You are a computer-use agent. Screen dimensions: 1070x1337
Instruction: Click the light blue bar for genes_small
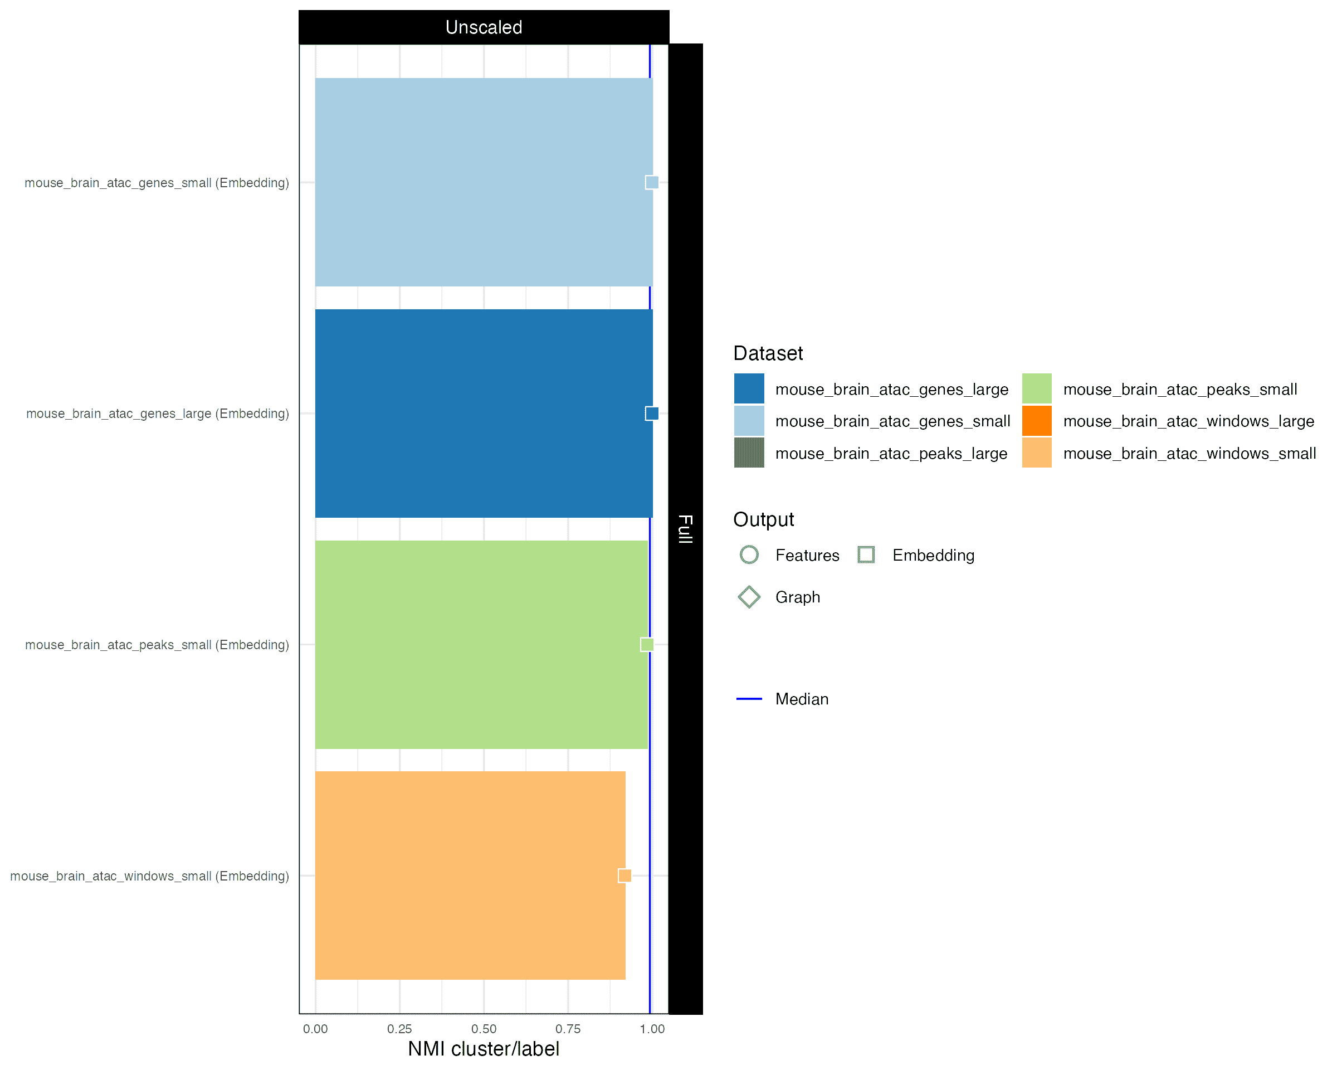point(484,182)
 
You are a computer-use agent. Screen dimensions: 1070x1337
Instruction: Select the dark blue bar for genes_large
point(484,413)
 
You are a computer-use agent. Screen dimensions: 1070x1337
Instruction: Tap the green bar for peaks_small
point(481,644)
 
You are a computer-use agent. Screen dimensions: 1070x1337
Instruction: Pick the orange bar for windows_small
point(470,876)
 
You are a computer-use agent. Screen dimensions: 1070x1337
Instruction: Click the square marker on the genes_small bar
point(652,182)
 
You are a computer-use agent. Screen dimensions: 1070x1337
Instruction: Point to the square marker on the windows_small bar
point(624,876)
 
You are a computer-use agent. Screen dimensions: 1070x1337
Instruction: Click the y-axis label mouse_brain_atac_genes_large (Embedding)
point(158,414)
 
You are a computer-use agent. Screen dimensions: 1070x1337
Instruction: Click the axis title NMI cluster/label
point(484,1049)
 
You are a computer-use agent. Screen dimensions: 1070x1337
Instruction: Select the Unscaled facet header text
point(484,27)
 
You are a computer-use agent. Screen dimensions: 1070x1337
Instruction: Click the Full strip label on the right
point(685,528)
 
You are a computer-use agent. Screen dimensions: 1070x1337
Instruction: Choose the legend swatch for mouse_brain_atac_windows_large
point(1036,421)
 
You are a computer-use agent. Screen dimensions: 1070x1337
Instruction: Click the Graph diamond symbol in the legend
point(749,597)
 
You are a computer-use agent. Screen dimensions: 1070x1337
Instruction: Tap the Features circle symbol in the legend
point(749,555)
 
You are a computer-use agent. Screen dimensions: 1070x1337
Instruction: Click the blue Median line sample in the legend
point(749,699)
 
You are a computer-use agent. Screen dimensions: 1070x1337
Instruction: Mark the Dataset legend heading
point(768,353)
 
